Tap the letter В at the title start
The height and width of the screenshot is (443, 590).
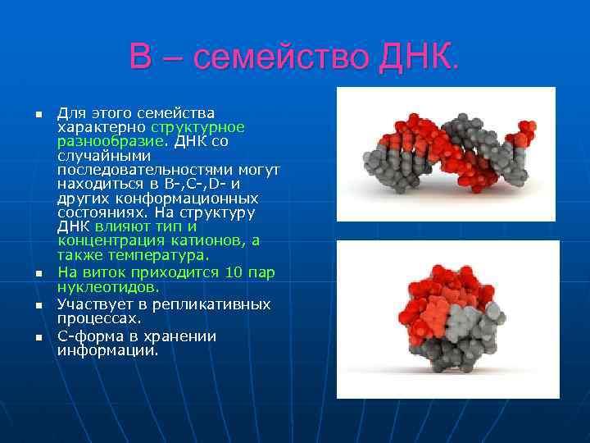tap(142, 57)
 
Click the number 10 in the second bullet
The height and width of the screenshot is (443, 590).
tap(233, 272)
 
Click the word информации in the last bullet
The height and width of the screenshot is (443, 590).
tap(107, 350)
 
